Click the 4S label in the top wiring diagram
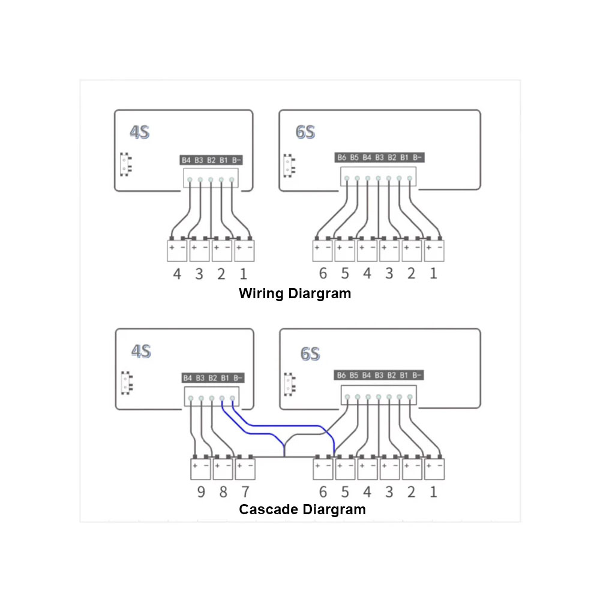(140, 132)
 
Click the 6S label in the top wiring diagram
(305, 132)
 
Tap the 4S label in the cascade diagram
(141, 351)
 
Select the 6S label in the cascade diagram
(310, 353)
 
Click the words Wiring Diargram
(295, 293)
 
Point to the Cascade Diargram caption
(302, 509)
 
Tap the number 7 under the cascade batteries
(245, 492)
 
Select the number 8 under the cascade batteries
(223, 492)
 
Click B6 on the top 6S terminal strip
(342, 157)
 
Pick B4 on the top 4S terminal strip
(186, 160)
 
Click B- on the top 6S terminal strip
(417, 157)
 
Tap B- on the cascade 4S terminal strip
(238, 378)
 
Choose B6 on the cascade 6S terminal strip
(341, 375)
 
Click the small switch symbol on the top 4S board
(125, 164)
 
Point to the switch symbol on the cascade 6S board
(290, 384)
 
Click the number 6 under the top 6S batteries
(323, 273)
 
